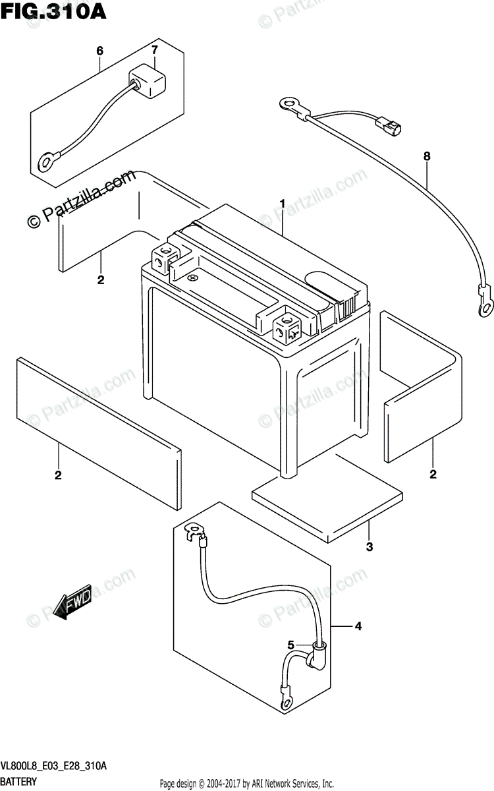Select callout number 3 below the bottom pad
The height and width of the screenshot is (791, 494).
pos(369,546)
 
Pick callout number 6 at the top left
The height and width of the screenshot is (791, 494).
pos(100,51)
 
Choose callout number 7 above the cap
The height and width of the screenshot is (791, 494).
pos(155,51)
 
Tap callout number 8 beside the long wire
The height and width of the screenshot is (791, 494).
pos(427,156)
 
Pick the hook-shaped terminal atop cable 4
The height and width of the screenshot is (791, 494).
pos(194,531)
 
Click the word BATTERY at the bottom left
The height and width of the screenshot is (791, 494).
pos(19,781)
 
